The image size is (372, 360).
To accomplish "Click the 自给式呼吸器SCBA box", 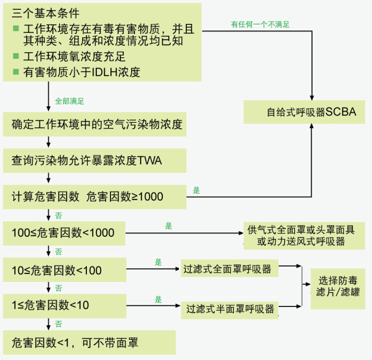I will point(304,112).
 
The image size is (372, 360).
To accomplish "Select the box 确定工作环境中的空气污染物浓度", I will point(95,125).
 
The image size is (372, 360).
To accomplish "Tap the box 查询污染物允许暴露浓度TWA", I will point(95,161).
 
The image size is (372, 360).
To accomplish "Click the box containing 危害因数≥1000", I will point(95,196).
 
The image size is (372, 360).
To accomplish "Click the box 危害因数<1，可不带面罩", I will point(89,342).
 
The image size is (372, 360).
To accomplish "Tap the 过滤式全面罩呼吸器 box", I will point(229,269).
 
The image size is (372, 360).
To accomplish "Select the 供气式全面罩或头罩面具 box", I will point(304,235).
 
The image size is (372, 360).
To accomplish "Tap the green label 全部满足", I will point(70,101).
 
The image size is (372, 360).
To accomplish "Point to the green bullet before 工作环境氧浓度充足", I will point(16,56).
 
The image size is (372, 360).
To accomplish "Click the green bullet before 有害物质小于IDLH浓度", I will point(16,71).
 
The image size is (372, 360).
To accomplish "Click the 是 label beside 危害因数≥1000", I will point(196,190).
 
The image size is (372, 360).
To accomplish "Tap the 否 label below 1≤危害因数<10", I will point(59,324).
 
